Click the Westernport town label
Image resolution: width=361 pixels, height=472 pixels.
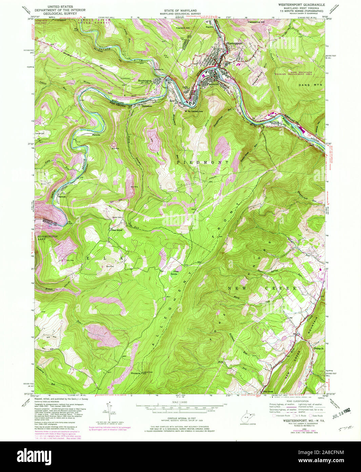click(234, 43)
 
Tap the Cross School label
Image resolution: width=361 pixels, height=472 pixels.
click(116, 230)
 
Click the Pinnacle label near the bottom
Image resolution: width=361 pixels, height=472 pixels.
click(136, 373)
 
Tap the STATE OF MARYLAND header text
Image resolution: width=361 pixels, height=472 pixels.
click(181, 11)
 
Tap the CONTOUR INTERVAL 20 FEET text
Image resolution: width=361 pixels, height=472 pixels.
click(180, 418)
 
